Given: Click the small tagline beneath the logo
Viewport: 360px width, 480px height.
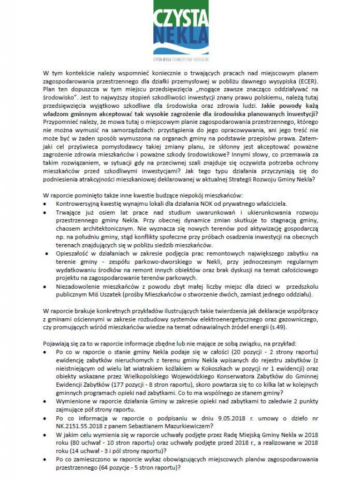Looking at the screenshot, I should [x=180, y=60].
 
